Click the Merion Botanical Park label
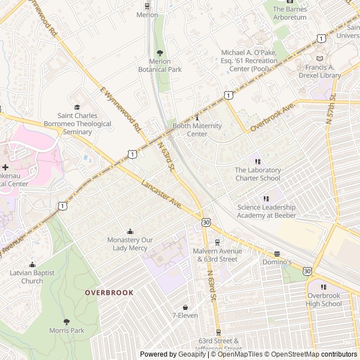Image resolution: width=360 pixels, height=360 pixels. [x=160, y=65]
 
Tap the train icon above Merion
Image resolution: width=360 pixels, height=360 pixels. [x=147, y=6]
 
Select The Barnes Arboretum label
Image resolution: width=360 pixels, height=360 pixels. [x=290, y=13]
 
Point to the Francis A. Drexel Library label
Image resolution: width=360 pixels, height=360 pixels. [x=319, y=71]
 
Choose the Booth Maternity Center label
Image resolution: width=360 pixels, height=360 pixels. [x=197, y=130]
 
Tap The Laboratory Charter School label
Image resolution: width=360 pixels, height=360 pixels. [x=258, y=174]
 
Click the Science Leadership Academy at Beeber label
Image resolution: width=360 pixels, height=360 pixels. [x=266, y=211]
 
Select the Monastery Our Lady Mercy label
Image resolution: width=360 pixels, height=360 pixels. [x=130, y=244]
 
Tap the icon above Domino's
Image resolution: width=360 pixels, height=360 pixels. [x=277, y=254]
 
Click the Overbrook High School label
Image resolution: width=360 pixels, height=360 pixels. [x=324, y=300]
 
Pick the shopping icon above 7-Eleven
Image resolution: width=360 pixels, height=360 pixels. [x=184, y=307]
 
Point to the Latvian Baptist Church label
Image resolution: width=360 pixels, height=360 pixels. [x=32, y=277]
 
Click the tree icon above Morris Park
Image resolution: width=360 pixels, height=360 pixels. [x=66, y=322]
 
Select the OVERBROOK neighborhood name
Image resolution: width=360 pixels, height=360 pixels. [x=109, y=292]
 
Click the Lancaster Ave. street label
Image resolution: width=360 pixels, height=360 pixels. [x=162, y=194]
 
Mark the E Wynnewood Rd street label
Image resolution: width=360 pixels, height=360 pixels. [x=120, y=109]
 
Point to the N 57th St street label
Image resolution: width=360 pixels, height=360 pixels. [x=331, y=108]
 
